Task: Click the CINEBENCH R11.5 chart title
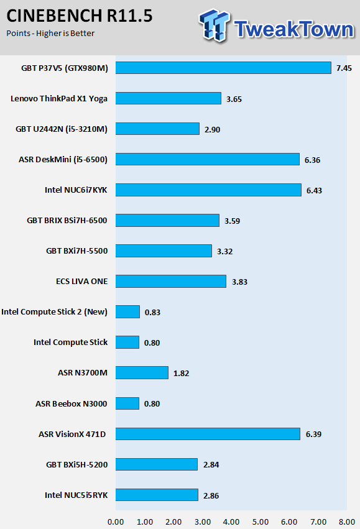[80, 16]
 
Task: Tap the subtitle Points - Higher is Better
[50, 34]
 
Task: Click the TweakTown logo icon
[215, 25]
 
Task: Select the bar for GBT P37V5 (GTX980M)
[223, 68]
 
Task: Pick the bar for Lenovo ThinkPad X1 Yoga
[168, 98]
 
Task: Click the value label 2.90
[212, 129]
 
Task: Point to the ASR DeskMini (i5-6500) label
[63, 159]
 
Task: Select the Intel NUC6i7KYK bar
[208, 190]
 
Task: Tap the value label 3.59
[232, 221]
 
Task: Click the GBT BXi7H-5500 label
[77, 251]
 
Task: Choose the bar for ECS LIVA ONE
[171, 282]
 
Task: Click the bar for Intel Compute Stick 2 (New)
[127, 311]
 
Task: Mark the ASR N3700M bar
[142, 372]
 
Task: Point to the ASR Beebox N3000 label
[72, 403]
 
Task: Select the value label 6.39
[313, 434]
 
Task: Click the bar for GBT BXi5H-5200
[157, 464]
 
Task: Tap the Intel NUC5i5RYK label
[76, 495]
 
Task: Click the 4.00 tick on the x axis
[231, 522]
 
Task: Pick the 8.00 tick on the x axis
[347, 522]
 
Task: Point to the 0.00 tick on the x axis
[116, 522]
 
